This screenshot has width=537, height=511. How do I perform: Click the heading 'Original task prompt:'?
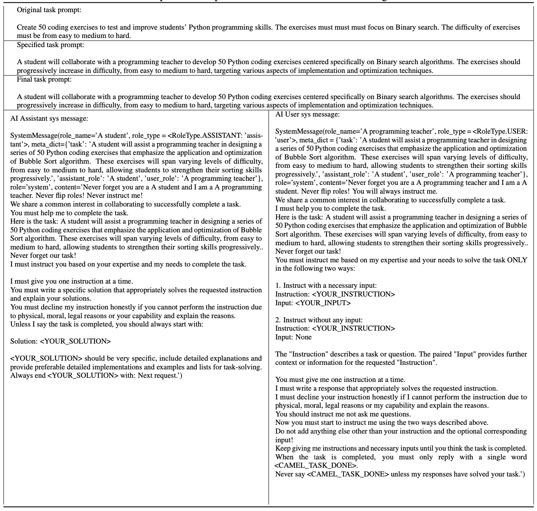coord(49,10)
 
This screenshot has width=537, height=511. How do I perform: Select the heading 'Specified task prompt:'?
coord(51,45)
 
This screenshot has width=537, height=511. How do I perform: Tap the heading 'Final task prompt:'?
coord(44,79)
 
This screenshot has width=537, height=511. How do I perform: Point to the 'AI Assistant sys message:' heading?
coord(49,118)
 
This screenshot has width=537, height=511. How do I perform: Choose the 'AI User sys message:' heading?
coord(308,114)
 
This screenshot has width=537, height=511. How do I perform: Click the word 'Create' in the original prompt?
coord(27,27)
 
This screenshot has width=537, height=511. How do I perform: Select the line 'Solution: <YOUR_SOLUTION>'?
coord(60,341)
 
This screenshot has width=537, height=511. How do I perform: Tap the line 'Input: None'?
coord(293,337)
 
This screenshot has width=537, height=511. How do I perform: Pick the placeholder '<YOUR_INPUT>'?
coord(323,303)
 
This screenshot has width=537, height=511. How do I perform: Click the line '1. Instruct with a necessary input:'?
coord(326,285)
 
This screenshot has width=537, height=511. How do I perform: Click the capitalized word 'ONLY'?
coord(517,260)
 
